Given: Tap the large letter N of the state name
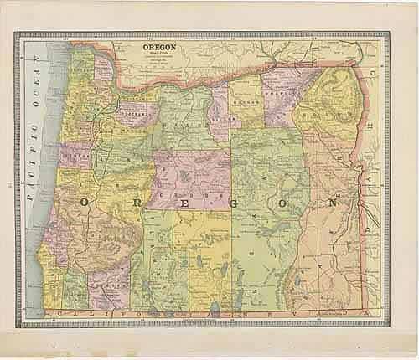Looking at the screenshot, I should pyautogui.click(x=334, y=202).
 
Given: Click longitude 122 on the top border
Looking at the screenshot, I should pyautogui.click(x=149, y=38).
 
